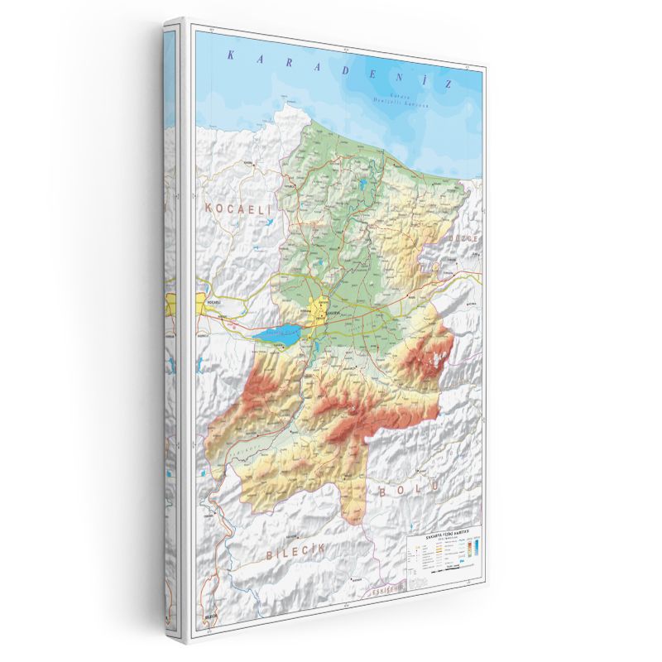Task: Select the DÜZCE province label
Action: pyautogui.click(x=463, y=238)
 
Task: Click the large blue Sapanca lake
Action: pyautogui.click(x=278, y=337)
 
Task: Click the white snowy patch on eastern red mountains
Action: pyautogui.click(x=434, y=358)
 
